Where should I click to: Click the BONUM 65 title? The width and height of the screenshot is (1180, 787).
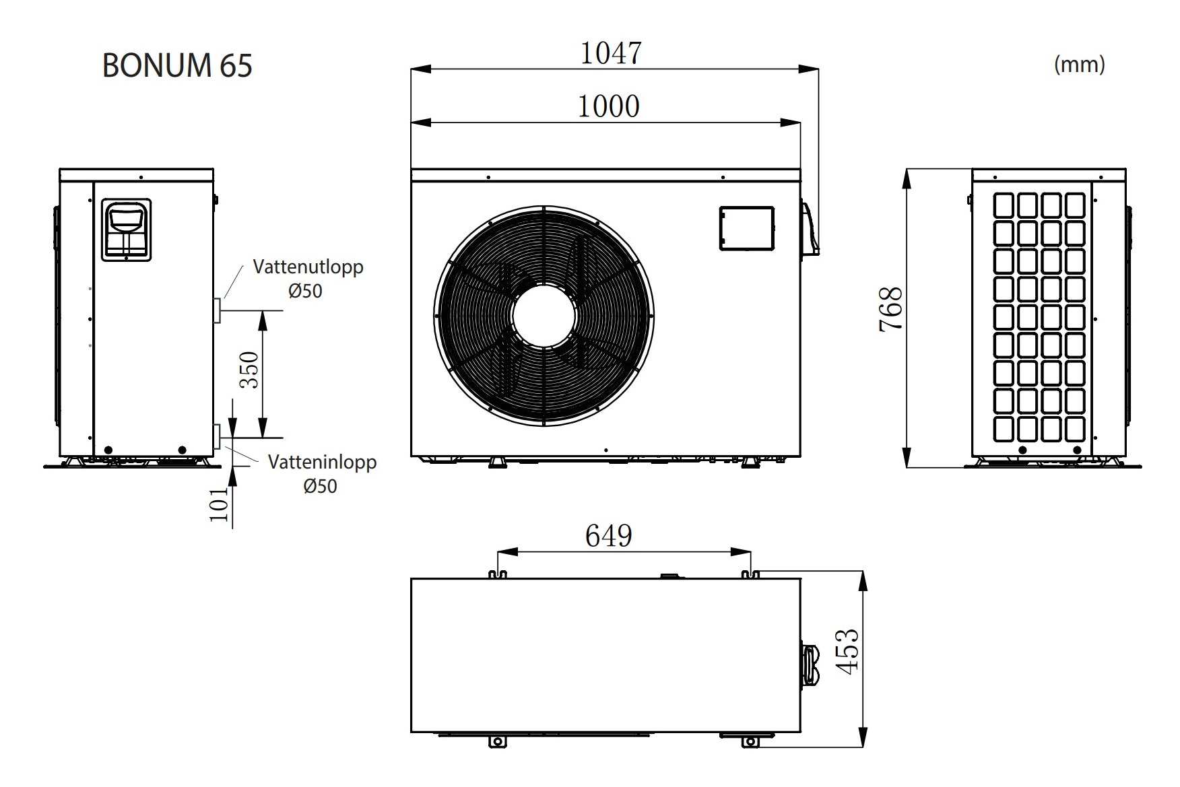pos(177,66)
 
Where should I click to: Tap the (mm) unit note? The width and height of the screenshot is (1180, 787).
pos(1079,64)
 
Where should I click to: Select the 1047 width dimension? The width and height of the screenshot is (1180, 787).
pos(611,53)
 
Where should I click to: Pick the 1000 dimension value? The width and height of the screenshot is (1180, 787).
pos(609,106)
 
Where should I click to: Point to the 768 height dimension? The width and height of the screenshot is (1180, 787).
pos(891,309)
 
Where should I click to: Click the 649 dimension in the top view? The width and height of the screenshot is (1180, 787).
pos(609,537)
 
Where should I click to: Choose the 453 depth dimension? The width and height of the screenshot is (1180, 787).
pos(847,651)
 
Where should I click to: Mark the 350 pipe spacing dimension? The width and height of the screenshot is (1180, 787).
pos(249,370)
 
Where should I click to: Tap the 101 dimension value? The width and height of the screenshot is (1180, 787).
pos(219,505)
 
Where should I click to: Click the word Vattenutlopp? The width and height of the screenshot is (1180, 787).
pos(308,267)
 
